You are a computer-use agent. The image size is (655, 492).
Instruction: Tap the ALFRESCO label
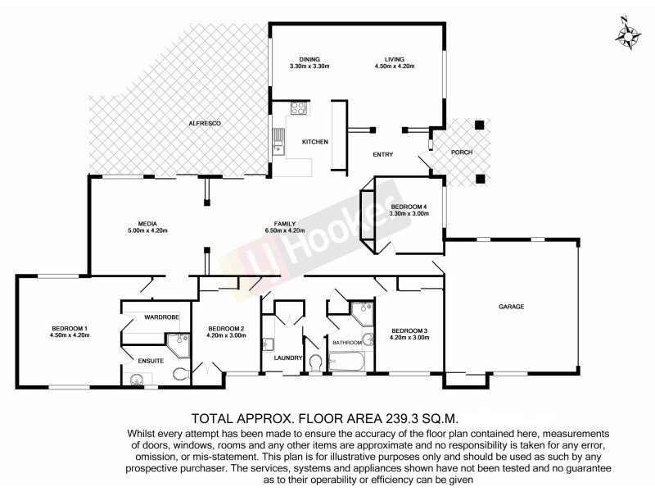click(x=206, y=123)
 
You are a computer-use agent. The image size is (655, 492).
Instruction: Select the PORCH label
click(x=463, y=153)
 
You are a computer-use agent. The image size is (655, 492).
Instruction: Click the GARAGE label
click(x=511, y=307)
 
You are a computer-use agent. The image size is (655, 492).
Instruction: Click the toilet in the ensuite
click(x=179, y=374)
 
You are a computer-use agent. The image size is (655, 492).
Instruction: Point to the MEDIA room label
click(x=148, y=223)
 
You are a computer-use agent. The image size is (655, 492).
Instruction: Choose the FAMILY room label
click(x=285, y=223)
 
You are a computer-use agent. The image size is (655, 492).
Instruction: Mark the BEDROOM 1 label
click(x=69, y=329)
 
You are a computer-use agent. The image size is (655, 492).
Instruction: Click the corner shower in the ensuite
click(x=174, y=341)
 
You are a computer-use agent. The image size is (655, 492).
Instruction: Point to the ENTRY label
click(x=383, y=154)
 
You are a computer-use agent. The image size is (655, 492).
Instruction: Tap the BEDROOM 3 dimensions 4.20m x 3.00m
click(x=409, y=337)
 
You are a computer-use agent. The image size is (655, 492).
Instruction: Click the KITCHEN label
click(x=315, y=142)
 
